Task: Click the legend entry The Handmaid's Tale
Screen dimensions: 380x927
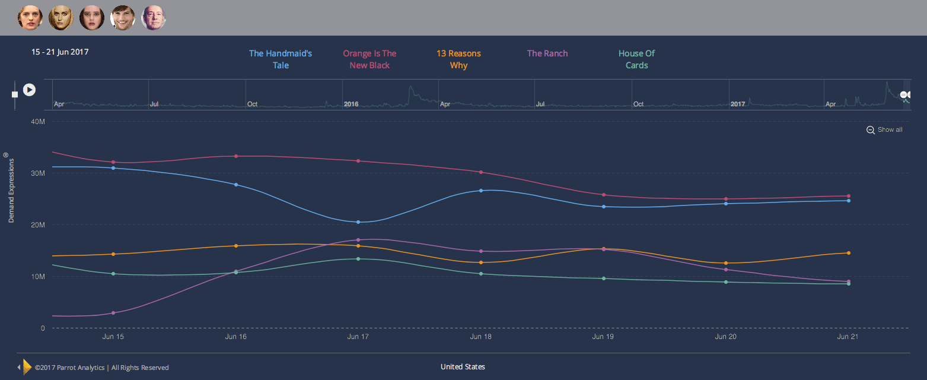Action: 281,59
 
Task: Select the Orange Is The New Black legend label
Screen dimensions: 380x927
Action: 369,59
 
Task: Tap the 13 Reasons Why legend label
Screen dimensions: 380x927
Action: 458,59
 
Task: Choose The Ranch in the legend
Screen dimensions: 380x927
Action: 547,53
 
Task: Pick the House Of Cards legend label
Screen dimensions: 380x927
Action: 636,59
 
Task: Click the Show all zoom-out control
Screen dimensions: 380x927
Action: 884,130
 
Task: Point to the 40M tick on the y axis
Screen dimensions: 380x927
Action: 37,121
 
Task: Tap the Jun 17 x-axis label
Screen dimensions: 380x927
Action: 358,337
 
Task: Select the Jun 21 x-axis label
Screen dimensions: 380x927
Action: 848,337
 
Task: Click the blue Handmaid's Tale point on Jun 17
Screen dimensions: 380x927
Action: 358,222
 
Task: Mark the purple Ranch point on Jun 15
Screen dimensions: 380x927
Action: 113,313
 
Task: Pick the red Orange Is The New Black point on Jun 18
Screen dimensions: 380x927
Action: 481,172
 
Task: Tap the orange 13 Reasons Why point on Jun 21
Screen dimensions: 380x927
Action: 848,253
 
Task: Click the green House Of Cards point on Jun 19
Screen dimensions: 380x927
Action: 604,278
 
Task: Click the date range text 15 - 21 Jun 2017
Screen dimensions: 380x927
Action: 60,52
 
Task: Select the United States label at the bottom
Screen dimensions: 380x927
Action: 463,367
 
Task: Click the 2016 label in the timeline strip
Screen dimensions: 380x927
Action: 351,104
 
